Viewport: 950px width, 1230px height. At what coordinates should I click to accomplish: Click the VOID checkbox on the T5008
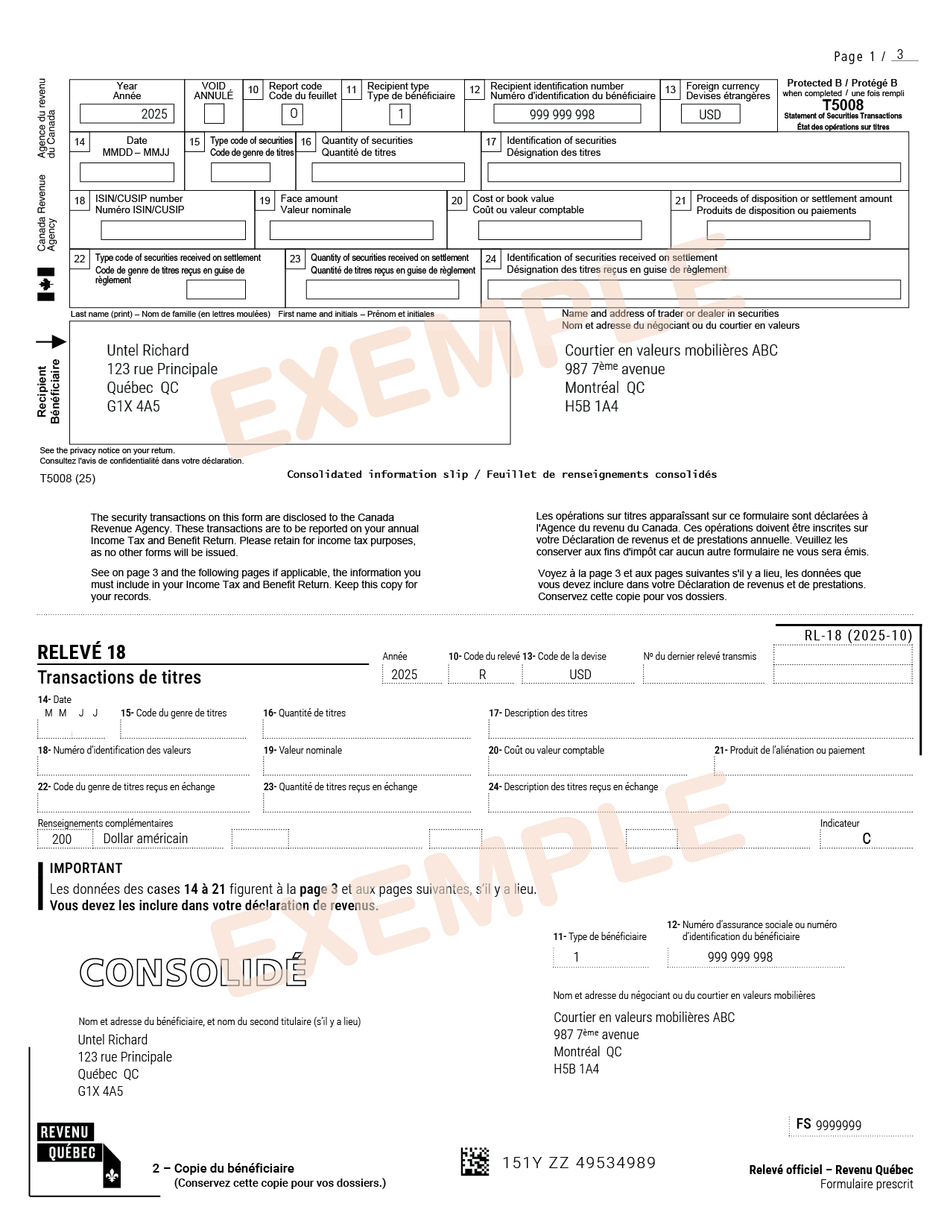tap(214, 114)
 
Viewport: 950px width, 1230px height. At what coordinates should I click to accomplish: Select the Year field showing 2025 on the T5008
tap(127, 114)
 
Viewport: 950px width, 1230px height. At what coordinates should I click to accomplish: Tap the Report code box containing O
tap(293, 114)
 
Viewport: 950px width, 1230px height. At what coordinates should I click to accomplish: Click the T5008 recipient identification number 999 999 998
tap(566, 114)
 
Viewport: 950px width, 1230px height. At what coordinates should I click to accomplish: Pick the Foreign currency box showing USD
tap(710, 114)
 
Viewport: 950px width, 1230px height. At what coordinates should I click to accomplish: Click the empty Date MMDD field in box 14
tap(127, 172)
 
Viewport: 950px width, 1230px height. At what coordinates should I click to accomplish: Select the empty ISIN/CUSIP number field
tap(173, 230)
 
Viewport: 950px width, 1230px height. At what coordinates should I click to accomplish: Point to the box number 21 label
tap(680, 201)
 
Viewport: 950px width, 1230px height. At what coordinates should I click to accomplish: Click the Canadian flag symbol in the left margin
tap(46, 284)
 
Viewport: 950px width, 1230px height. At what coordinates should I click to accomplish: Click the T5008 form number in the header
tap(843, 105)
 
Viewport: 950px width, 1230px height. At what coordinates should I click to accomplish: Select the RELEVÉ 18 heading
tap(82, 652)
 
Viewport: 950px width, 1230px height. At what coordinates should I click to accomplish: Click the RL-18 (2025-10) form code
tap(858, 636)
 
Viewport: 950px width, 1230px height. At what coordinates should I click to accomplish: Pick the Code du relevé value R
tap(482, 675)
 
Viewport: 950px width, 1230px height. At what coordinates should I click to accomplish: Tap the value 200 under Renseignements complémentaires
tap(62, 839)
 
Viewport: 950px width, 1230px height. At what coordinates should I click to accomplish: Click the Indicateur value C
tap(866, 839)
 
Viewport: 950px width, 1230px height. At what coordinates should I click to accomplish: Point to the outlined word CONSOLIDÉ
tap(193, 972)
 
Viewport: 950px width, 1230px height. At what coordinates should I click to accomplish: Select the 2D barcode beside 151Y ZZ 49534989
tap(475, 1162)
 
